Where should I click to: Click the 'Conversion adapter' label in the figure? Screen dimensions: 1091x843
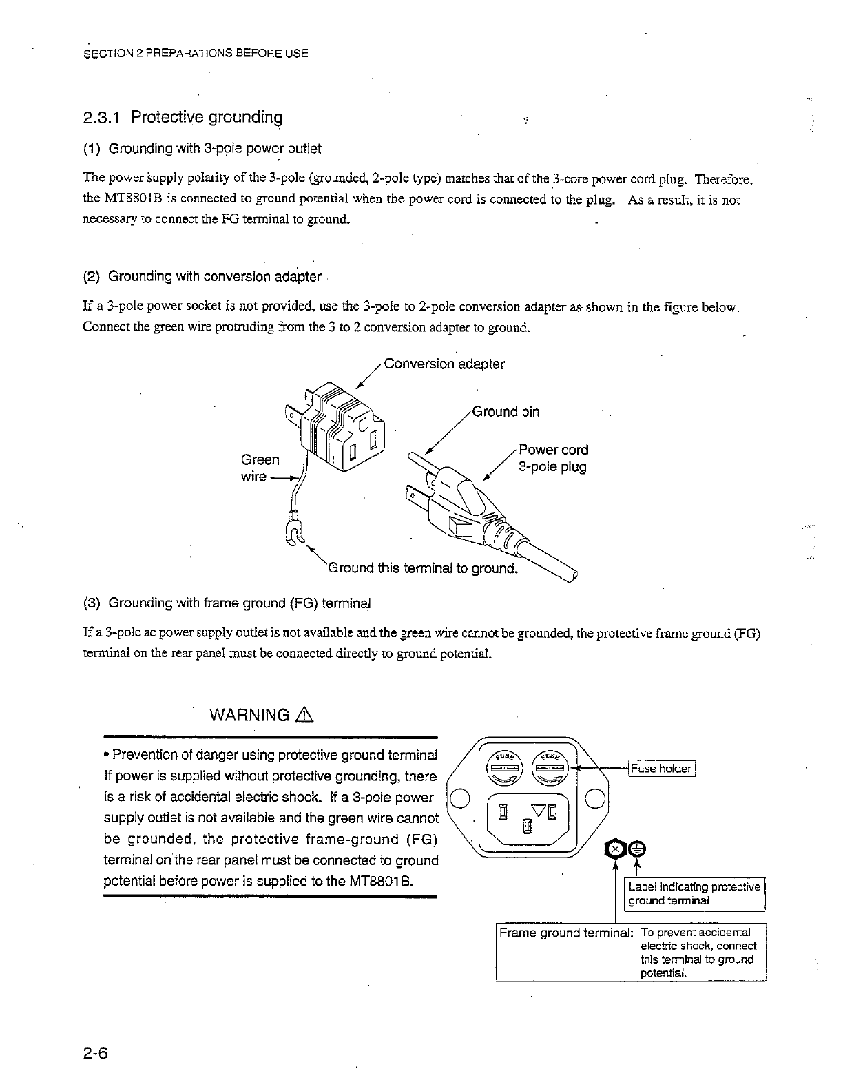444,364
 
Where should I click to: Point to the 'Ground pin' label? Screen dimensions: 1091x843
506,412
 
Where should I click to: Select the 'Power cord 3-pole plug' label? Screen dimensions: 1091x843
553,458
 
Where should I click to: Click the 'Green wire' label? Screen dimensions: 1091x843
260,468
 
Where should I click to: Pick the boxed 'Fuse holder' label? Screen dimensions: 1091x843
663,768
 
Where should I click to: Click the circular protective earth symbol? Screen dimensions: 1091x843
636,848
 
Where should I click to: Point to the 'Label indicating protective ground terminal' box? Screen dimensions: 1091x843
694,893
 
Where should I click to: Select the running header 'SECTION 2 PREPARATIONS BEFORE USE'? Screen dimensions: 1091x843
196,53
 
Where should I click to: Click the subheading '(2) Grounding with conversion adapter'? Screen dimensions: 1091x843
202,277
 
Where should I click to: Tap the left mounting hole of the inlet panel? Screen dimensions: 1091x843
461,799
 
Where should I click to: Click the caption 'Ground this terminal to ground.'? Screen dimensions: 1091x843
422,568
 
